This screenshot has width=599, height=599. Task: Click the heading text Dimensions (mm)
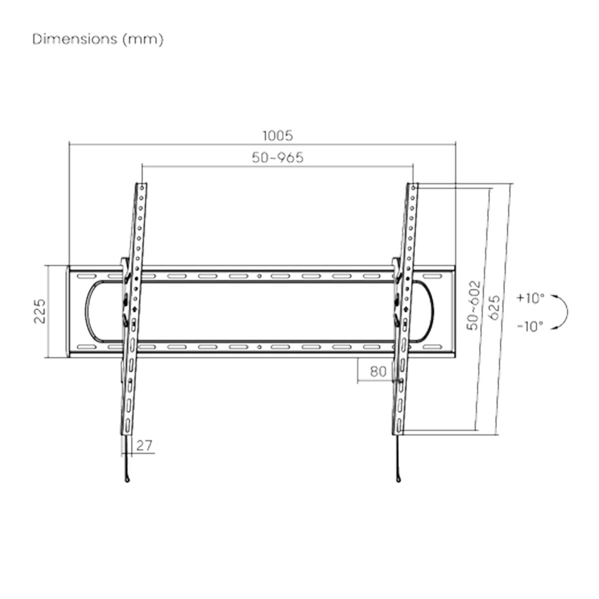point(98,40)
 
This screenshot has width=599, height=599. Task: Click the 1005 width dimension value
point(277,135)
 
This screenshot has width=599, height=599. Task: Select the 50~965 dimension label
point(277,158)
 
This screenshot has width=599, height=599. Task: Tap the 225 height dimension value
point(40,311)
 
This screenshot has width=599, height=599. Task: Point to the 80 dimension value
point(378,371)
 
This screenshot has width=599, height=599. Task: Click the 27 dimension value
point(144,445)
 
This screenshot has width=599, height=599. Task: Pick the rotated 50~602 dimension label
point(473,304)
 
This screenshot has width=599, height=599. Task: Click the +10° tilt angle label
point(530,299)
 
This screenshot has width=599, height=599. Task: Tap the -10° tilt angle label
point(530,326)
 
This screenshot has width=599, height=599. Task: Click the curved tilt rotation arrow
point(563,312)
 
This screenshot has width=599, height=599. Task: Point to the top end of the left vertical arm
point(143,186)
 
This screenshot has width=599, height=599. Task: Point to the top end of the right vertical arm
point(414,186)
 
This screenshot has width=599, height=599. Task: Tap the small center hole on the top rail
point(259,276)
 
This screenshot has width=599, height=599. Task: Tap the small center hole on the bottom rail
point(259,346)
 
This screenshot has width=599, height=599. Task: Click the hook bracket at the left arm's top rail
point(124,263)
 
